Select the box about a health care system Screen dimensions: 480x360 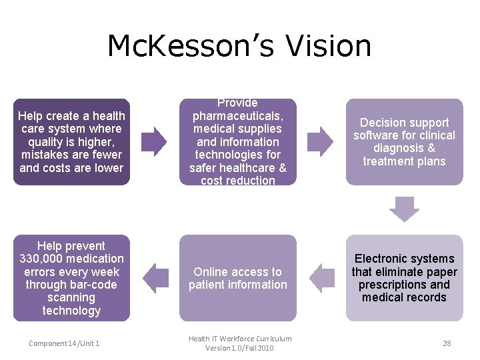(x=71, y=141)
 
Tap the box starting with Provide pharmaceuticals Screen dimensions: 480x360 (x=238, y=141)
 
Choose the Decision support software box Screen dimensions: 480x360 (x=404, y=141)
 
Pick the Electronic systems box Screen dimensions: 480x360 (x=404, y=278)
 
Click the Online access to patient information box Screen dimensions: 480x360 (x=238, y=278)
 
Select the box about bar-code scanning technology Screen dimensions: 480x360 (x=71, y=278)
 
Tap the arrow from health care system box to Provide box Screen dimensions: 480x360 (x=155, y=141)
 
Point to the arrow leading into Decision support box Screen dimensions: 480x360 (x=321, y=141)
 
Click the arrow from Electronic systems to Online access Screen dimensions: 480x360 (x=321, y=278)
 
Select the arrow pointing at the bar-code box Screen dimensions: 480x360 (x=155, y=278)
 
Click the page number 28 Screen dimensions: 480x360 (x=447, y=343)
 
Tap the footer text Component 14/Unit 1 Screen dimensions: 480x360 (x=64, y=343)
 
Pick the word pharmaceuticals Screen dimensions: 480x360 (x=238, y=116)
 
